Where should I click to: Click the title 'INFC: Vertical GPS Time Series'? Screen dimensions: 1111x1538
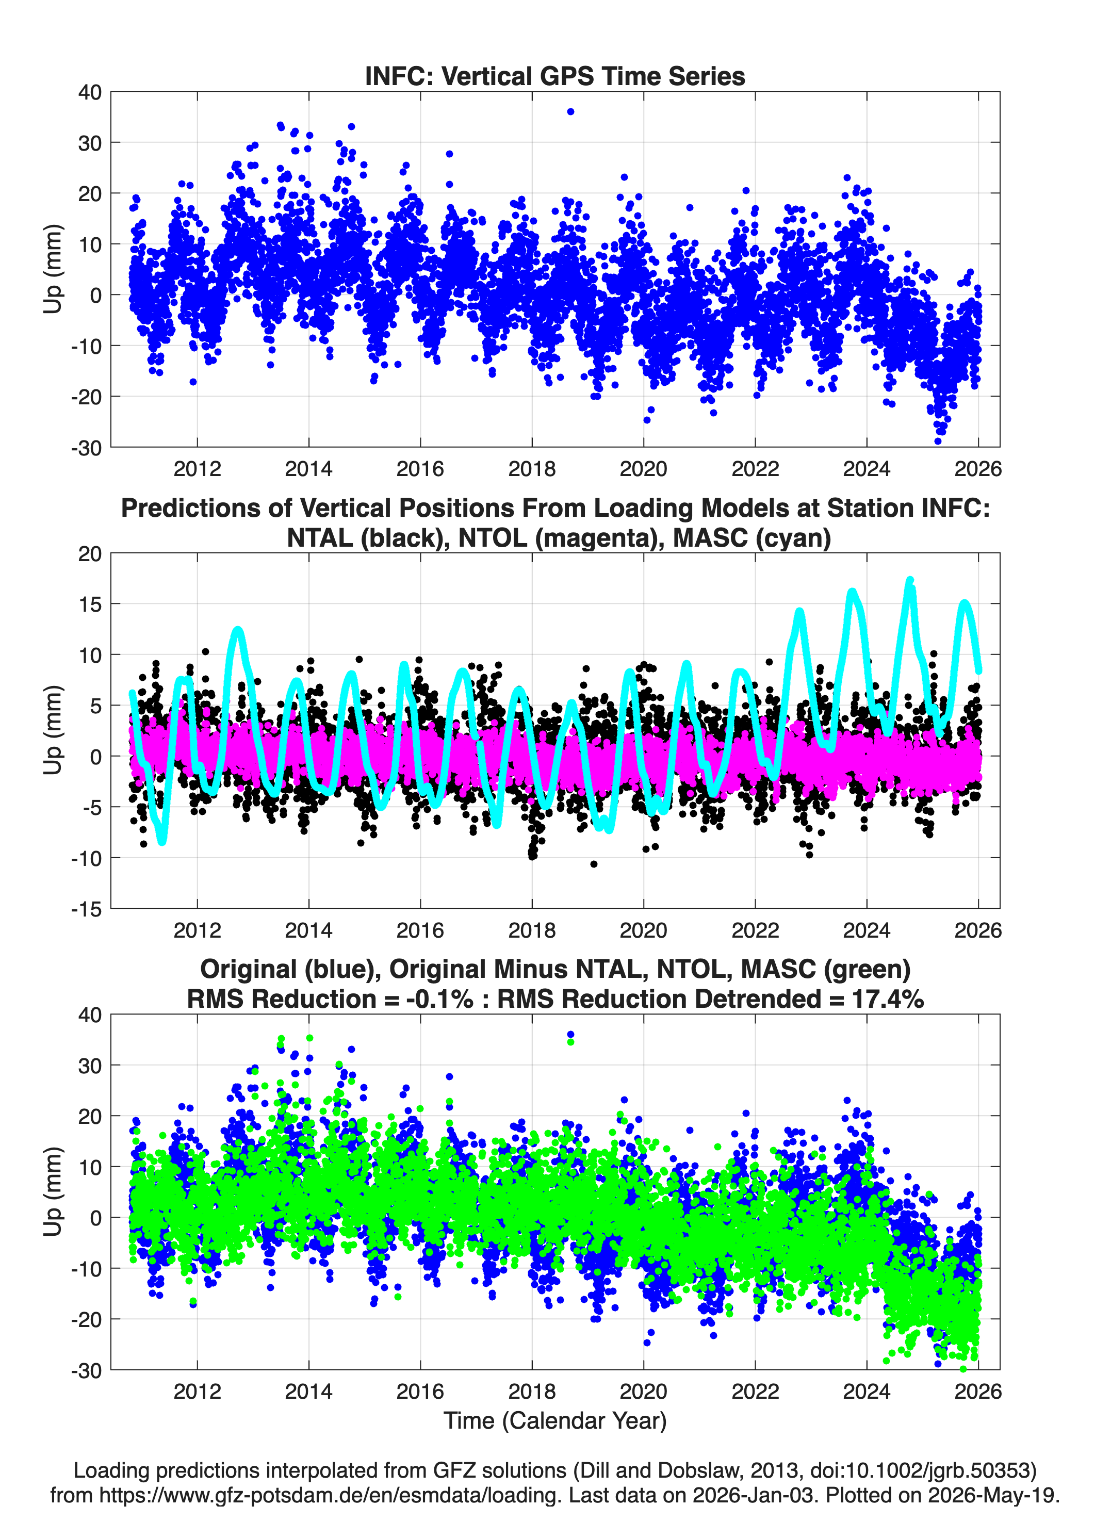555,76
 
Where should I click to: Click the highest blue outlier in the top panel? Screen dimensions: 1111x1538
570,112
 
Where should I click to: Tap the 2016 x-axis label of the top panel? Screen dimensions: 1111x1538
420,469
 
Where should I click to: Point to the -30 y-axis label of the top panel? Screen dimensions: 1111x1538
87,448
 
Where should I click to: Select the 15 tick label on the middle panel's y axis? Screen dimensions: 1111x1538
90,603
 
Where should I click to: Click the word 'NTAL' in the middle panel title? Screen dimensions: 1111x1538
321,538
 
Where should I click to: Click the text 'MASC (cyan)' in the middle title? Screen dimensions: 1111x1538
751,538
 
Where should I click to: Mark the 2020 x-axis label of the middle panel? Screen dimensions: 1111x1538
643,930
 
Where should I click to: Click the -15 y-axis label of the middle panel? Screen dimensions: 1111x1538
87,909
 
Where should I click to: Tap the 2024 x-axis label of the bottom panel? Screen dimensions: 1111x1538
866,1391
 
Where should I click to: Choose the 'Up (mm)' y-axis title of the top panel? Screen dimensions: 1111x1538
53,269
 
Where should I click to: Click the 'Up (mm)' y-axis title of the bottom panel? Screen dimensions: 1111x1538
53,1191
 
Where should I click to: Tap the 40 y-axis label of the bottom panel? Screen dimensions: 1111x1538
90,1015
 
